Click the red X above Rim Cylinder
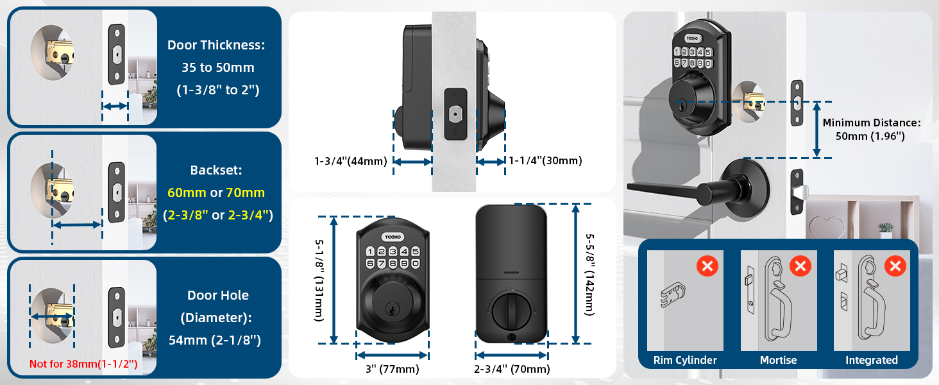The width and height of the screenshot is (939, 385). [707, 265]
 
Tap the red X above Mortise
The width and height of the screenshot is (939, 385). [800, 265]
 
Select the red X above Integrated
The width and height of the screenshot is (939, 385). [895, 265]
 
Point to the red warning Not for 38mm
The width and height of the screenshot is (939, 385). [83, 364]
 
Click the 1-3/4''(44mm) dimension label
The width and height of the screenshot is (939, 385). [350, 162]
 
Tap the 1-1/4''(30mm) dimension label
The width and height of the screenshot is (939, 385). [545, 162]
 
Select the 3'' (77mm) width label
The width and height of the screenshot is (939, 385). [392, 369]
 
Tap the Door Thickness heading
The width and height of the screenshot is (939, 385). [216, 45]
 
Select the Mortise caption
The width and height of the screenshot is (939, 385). [778, 360]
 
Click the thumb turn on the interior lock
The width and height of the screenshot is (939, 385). [511, 310]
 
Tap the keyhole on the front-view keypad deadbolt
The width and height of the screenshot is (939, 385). [391, 309]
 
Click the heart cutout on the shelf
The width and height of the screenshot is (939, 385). [821, 226]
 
